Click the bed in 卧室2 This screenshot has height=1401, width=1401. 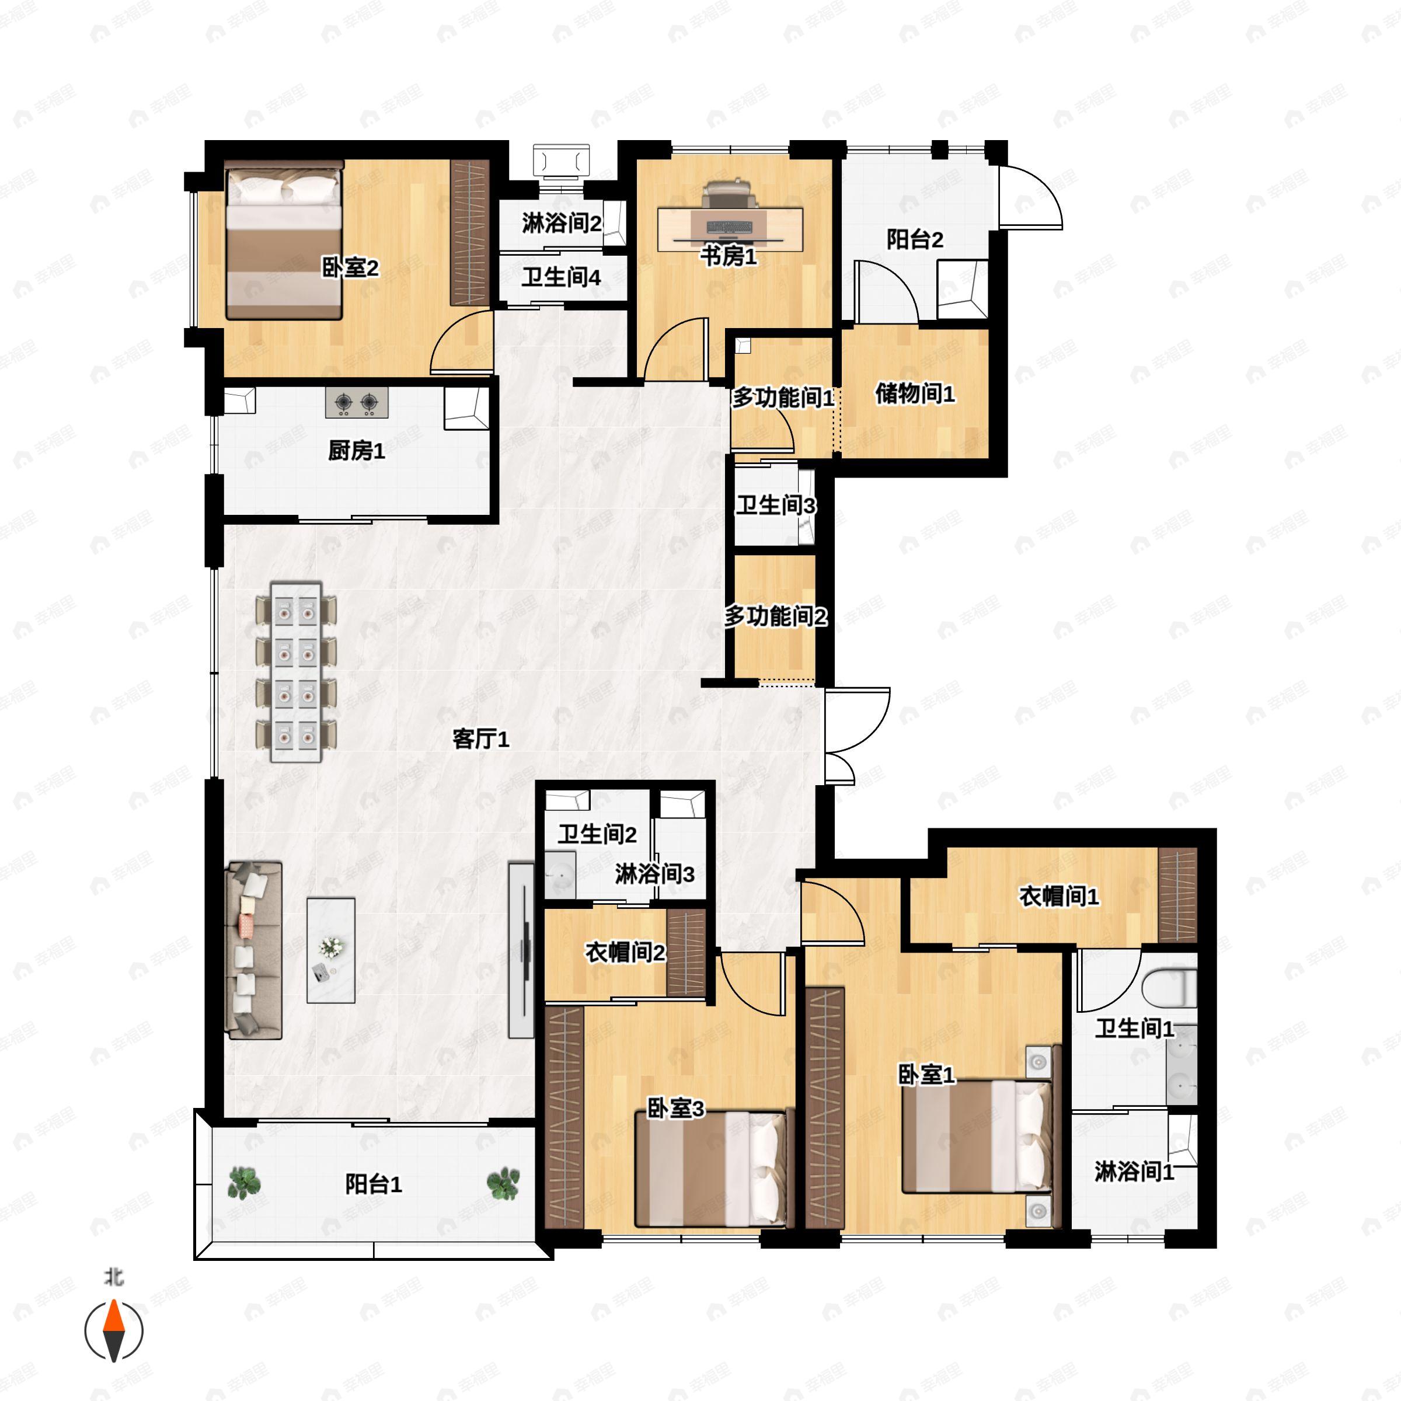pyautogui.click(x=284, y=241)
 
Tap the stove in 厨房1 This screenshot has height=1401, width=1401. pyautogui.click(x=356, y=402)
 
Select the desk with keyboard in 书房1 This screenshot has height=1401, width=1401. pyautogui.click(x=730, y=229)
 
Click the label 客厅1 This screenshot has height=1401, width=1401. pyautogui.click(x=481, y=739)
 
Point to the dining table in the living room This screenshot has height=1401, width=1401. pyautogui.click(x=296, y=671)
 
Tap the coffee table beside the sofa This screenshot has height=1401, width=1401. pyautogui.click(x=330, y=950)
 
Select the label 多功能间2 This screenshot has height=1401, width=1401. pyautogui.click(x=775, y=616)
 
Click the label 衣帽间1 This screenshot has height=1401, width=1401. pyautogui.click(x=1059, y=896)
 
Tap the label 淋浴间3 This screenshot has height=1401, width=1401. pyautogui.click(x=655, y=874)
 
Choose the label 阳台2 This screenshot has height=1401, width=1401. pyautogui.click(x=915, y=239)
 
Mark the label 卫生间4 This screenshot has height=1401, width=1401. pyautogui.click(x=561, y=277)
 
